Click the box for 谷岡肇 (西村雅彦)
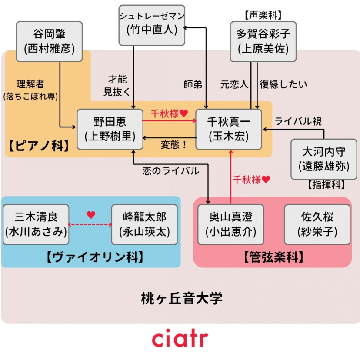click(49, 41)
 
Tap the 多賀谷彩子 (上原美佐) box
click(263, 41)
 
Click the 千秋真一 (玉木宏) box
click(229, 129)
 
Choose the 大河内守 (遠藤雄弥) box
click(323, 159)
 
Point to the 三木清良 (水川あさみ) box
click(36, 224)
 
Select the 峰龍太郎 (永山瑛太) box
click(145, 224)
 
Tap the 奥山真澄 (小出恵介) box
click(230, 224)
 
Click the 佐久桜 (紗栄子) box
click(317, 224)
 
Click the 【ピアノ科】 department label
click(38, 145)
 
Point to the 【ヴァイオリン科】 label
click(94, 257)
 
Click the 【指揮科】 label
click(326, 185)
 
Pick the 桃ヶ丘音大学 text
click(182, 298)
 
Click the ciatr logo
click(180, 339)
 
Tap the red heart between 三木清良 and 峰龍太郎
click(91, 215)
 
